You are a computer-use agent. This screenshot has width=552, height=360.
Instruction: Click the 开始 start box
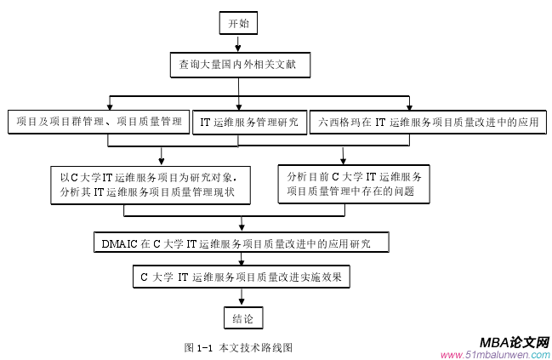coord(239,23)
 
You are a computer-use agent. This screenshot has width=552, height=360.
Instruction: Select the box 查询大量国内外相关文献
coord(238,64)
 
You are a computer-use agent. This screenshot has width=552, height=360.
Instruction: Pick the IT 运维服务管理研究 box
coord(248,123)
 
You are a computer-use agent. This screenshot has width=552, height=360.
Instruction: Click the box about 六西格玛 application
coord(429,123)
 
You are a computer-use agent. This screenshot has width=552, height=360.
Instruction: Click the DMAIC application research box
coord(242,244)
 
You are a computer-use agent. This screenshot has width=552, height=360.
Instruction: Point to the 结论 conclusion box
coord(242,318)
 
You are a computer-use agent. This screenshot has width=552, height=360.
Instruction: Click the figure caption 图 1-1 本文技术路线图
coord(239,347)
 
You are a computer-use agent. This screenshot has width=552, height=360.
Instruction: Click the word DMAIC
coord(119,244)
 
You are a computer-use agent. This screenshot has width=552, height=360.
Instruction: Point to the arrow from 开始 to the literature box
coord(239,44)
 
